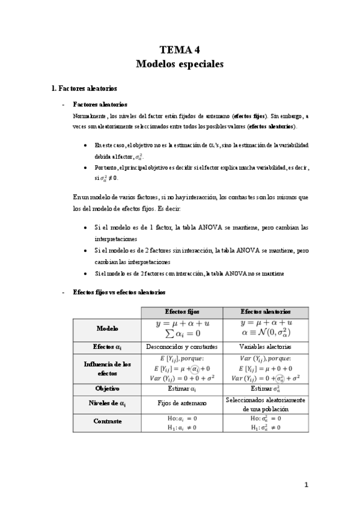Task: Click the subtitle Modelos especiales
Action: [x=180, y=63]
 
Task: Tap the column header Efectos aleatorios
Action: [x=265, y=312]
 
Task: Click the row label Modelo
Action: [x=107, y=329]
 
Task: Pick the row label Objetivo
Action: [x=107, y=389]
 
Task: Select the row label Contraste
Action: [x=107, y=421]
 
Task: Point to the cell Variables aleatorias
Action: [x=265, y=347]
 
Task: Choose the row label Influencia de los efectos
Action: [x=107, y=368]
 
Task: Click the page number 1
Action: [x=305, y=485]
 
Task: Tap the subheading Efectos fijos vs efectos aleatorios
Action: [x=119, y=292]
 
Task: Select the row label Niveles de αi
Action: [x=107, y=403]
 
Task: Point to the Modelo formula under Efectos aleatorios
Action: [x=265, y=329]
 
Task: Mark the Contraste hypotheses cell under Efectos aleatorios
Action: [x=265, y=422]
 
